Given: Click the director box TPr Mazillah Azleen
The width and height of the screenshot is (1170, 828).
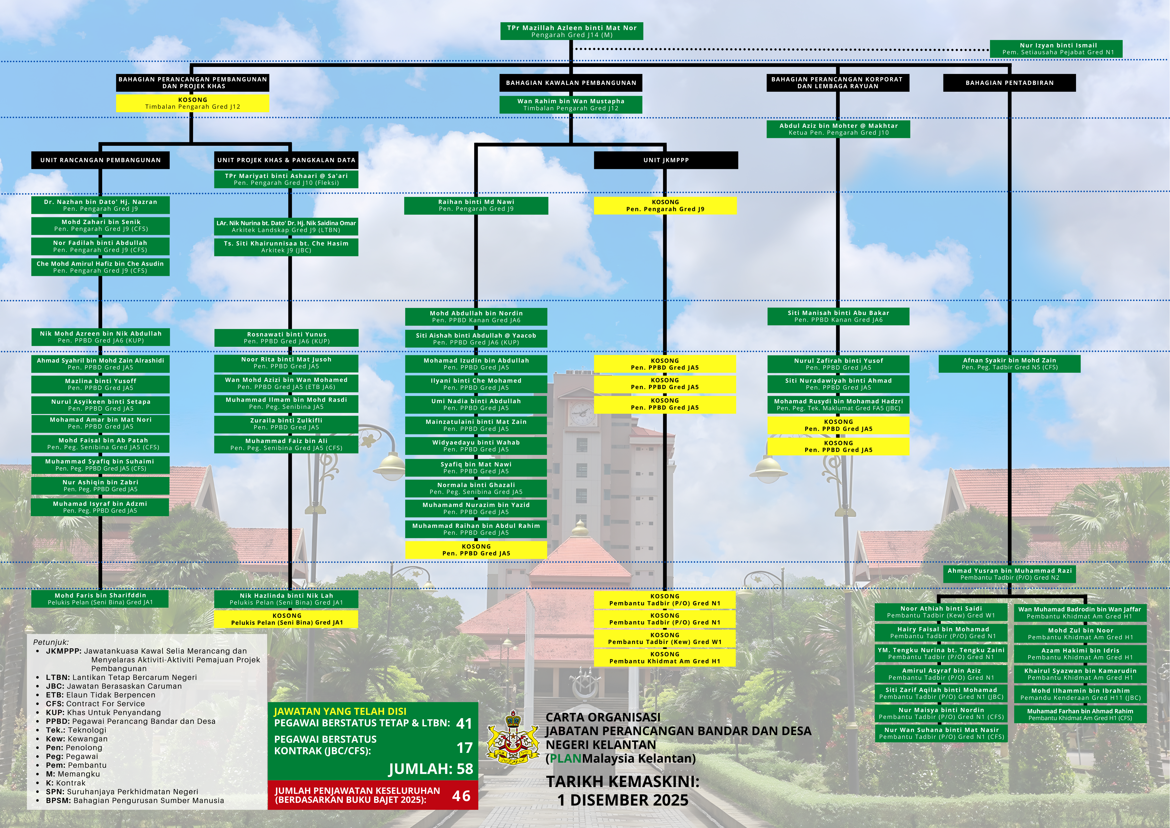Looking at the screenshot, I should click(x=571, y=31).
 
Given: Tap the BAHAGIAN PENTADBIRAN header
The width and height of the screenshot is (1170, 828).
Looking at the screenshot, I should click(x=1009, y=83).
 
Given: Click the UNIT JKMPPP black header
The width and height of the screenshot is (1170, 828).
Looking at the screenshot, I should click(x=666, y=160).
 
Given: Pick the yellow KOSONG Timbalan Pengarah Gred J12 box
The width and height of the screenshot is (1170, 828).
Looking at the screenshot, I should click(x=193, y=103).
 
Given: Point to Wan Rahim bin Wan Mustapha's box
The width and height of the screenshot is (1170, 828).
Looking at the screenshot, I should click(x=571, y=105).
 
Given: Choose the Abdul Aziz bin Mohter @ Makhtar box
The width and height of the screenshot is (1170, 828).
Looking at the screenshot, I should click(x=838, y=129).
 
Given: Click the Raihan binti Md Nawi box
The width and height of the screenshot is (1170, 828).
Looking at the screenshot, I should click(x=476, y=205).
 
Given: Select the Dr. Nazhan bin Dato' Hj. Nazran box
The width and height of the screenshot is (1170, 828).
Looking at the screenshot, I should click(x=100, y=205).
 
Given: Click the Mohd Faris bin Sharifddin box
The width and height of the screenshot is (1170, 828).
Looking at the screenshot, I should click(x=100, y=599).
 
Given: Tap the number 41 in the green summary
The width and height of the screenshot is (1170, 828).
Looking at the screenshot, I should click(x=464, y=723).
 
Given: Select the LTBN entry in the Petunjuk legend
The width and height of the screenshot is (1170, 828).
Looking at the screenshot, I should click(x=121, y=677).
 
